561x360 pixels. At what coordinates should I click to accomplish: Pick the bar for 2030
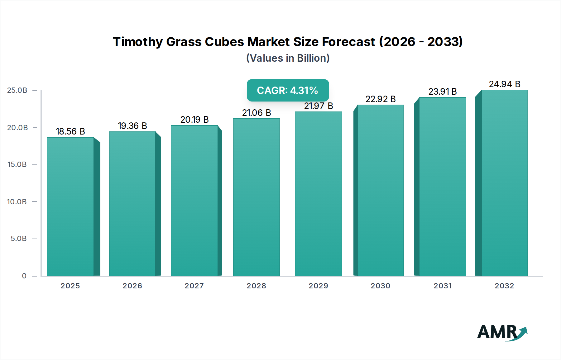(380, 190)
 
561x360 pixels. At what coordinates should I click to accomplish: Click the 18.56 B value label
(70, 131)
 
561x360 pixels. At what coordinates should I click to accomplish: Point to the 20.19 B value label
(194, 120)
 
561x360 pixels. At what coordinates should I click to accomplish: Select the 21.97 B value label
(319, 106)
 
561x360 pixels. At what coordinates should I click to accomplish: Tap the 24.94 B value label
(504, 84)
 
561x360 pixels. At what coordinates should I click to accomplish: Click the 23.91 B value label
(443, 92)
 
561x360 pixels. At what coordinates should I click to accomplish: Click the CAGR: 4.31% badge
(288, 90)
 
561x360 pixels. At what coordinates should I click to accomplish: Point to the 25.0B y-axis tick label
(17, 90)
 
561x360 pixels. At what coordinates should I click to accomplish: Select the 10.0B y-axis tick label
(17, 202)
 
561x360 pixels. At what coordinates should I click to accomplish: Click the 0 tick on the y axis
(24, 276)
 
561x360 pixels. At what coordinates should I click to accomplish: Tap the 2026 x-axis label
(132, 286)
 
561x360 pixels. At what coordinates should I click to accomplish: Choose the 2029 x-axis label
(319, 286)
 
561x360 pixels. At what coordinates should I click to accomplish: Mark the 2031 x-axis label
(443, 286)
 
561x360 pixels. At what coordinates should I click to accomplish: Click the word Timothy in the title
(137, 42)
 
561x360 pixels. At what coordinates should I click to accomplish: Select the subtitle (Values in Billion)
(288, 58)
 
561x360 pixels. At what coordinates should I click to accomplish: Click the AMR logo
(502, 332)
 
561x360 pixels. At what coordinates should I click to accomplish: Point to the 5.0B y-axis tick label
(19, 239)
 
